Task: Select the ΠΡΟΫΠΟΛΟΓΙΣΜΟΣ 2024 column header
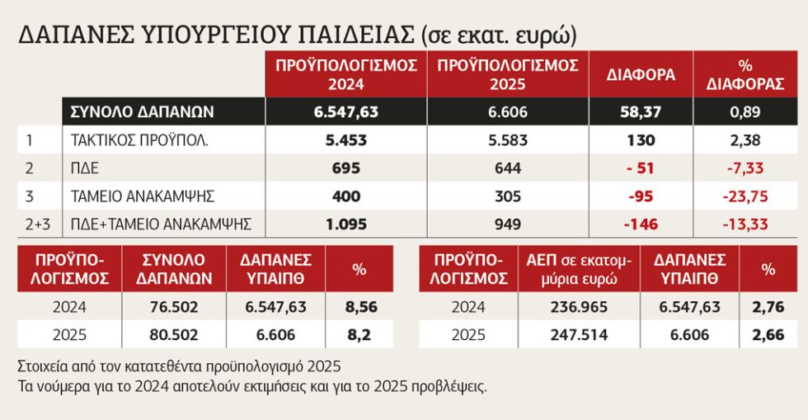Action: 346,75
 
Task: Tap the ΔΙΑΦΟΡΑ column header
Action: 641,75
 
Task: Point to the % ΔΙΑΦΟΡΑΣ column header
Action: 745,75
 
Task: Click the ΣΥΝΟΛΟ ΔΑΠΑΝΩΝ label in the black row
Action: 142,112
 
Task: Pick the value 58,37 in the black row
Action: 641,112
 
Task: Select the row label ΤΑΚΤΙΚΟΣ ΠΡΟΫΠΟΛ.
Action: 139,140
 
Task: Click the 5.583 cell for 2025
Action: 508,140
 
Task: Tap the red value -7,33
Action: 745,168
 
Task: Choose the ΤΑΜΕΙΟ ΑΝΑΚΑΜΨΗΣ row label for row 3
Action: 142,196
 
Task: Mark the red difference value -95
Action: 641,196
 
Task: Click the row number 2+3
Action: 38,224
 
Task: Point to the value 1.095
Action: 346,224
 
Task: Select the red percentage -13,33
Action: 745,224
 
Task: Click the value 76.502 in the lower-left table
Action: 174,307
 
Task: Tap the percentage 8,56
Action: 361,307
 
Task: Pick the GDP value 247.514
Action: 579,335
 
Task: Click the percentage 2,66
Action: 768,335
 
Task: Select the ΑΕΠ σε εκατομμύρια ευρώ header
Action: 579,269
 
